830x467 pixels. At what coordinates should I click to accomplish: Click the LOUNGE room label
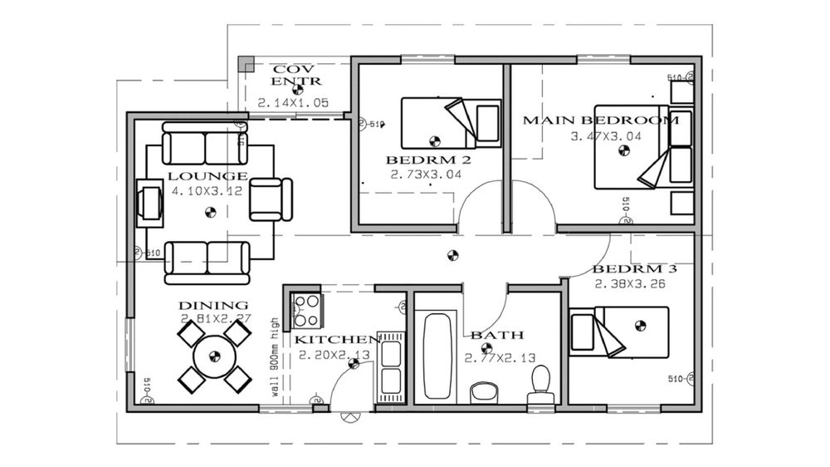click(207, 176)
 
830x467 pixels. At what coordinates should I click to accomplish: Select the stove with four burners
click(307, 312)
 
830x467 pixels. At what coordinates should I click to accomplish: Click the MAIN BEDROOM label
click(600, 120)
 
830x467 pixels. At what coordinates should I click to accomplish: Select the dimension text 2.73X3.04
click(420, 175)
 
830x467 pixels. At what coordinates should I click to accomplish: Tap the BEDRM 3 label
click(630, 269)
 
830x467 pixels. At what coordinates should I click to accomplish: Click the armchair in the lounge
click(271, 199)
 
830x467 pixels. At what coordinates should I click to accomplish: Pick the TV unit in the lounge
click(150, 202)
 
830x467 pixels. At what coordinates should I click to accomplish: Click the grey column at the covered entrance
click(246, 64)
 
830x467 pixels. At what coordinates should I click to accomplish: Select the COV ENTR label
click(296, 75)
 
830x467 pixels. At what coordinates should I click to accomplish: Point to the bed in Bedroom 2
click(450, 122)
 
